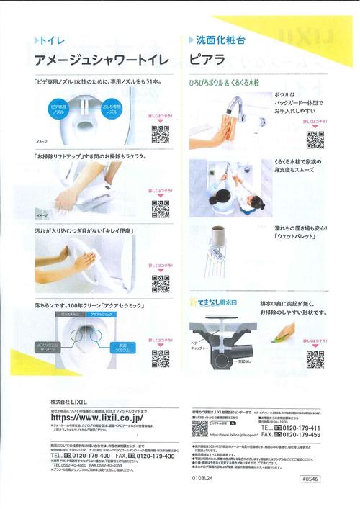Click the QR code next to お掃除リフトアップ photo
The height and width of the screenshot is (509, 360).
tap(160, 208)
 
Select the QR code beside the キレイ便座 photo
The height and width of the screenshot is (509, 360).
tap(160, 283)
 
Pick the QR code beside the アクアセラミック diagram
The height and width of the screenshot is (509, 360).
tap(160, 357)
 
